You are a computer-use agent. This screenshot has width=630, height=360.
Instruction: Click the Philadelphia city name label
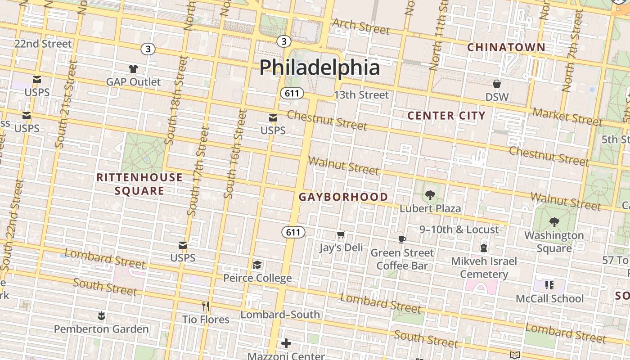(319, 67)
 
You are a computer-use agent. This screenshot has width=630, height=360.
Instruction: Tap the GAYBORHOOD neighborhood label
(343, 197)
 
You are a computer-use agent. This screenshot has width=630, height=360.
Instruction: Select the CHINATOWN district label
(506, 47)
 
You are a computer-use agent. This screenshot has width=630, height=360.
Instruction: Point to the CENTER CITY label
(446, 116)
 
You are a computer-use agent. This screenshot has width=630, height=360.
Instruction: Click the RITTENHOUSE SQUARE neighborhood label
(139, 184)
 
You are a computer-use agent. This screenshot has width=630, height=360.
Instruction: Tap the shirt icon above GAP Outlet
(133, 69)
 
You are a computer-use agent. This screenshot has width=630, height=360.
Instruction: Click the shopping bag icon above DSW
(497, 84)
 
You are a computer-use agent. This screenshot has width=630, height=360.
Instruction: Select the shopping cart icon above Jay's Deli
(341, 235)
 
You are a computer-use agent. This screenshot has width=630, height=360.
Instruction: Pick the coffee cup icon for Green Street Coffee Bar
(402, 239)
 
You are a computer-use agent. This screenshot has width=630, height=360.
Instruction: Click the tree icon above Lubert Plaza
(430, 195)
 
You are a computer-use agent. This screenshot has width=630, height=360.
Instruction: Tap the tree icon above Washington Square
(554, 222)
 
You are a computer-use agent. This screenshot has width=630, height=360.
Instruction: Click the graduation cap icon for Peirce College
(257, 265)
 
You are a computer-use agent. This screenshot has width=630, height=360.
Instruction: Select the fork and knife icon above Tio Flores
(206, 306)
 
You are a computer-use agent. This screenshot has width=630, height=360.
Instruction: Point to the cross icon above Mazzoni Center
(286, 344)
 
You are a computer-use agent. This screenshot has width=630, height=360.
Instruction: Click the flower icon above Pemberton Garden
(101, 316)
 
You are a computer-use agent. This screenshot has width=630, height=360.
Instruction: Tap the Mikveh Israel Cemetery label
(484, 267)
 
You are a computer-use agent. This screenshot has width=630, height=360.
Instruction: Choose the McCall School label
(549, 299)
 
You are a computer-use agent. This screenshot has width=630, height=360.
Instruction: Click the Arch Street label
(361, 27)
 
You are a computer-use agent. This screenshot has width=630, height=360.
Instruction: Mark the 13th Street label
(361, 95)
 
